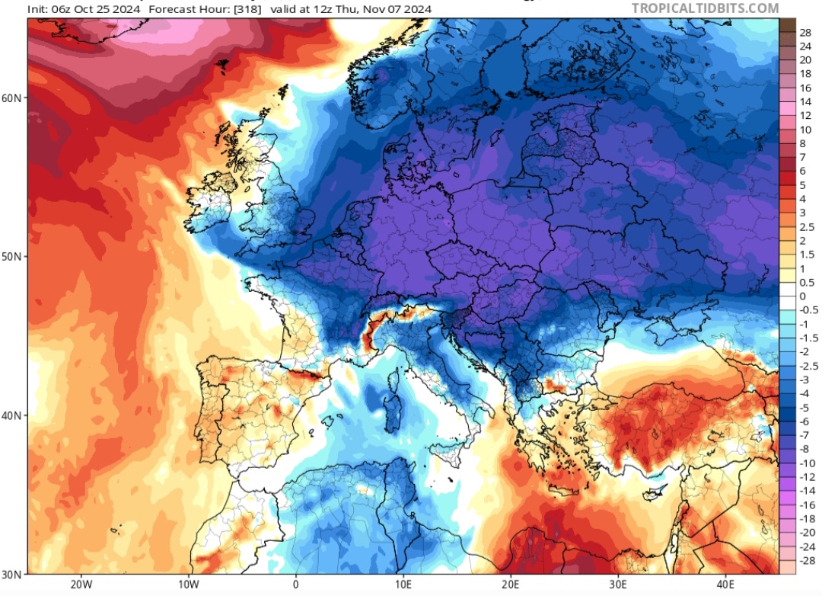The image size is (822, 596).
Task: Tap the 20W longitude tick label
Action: pyautogui.click(x=81, y=585)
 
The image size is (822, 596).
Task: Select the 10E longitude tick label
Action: pyautogui.click(x=403, y=585)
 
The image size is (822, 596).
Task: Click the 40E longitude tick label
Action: pyautogui.click(x=725, y=585)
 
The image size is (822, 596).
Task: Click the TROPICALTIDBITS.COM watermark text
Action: pyautogui.click(x=705, y=8)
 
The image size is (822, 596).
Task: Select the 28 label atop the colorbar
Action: pyautogui.click(x=804, y=32)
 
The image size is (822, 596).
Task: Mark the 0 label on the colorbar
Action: pyautogui.click(x=802, y=296)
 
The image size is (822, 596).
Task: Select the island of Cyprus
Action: pyautogui.click(x=654, y=493)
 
